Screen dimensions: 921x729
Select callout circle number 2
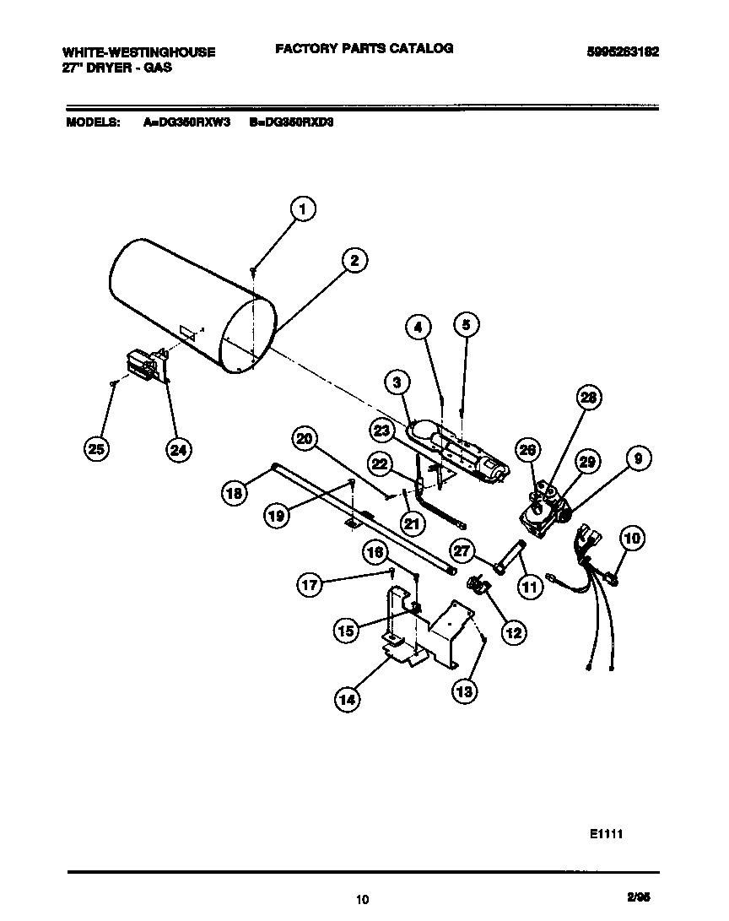354,261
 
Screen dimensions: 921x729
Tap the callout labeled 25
98,450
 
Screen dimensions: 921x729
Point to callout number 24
177,450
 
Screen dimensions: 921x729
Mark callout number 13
464,691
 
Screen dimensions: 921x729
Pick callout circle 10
633,537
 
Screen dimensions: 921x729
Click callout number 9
638,458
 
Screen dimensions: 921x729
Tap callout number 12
513,631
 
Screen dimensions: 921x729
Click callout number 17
311,583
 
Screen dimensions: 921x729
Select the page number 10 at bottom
363,899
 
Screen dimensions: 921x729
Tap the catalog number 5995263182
623,51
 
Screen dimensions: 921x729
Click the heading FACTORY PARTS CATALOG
364,49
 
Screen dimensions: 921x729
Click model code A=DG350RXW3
186,122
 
